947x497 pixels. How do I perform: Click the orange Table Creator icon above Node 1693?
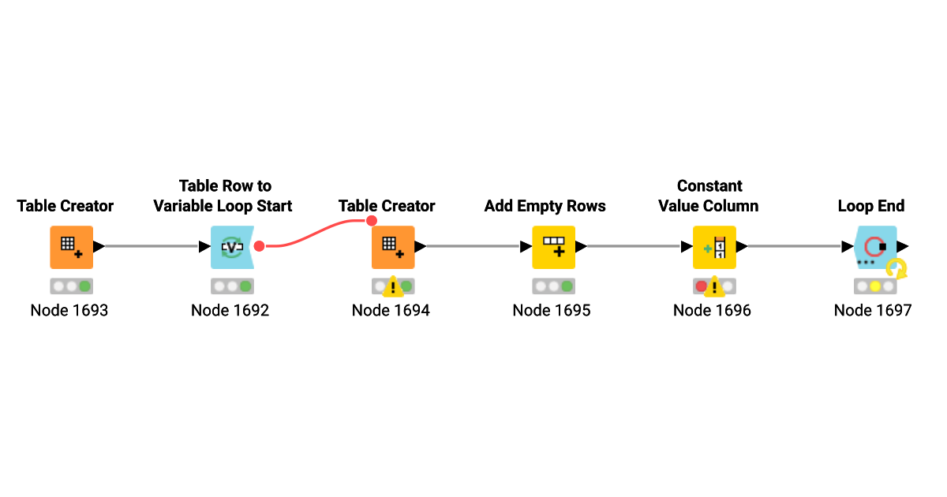(x=72, y=247)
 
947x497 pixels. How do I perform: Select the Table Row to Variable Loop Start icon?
(x=232, y=247)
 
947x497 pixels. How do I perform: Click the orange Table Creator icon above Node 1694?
(x=393, y=247)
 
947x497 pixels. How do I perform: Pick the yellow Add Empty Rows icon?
(x=554, y=247)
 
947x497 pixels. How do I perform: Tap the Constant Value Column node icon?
(x=714, y=247)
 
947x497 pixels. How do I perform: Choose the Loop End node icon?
(x=875, y=247)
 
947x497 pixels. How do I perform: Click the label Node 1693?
(x=69, y=311)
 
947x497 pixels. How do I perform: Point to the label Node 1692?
(x=230, y=311)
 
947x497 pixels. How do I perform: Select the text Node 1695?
(x=552, y=311)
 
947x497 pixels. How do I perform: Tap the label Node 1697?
(x=873, y=311)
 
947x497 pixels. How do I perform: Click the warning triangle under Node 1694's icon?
(x=393, y=287)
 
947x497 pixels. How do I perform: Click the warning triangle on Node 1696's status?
(x=714, y=287)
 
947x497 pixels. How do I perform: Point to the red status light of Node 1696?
(x=702, y=286)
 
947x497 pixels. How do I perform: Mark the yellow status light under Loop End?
(x=875, y=286)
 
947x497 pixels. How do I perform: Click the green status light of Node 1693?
(x=84, y=286)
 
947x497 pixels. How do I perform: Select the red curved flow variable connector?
(x=315, y=232)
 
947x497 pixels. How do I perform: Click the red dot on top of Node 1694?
(x=372, y=221)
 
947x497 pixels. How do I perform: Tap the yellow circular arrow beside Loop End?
(x=896, y=269)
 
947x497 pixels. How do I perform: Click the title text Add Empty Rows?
(x=545, y=206)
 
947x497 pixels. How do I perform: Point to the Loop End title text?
(x=871, y=206)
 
